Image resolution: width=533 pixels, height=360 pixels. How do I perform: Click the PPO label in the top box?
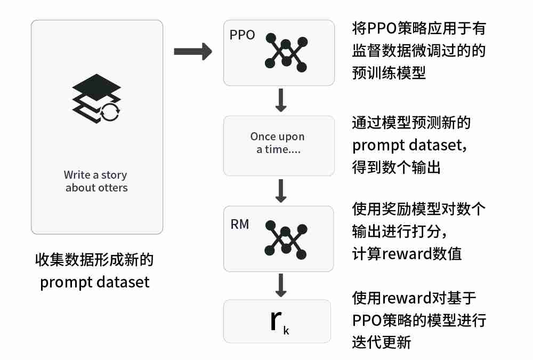pyautogui.click(x=242, y=35)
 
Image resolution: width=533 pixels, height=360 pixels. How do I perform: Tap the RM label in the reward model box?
pyautogui.click(x=239, y=225)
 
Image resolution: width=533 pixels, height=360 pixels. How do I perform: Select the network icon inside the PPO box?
pyautogui.click(x=286, y=53)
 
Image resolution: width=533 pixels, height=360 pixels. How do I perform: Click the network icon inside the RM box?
pyautogui.click(x=286, y=240)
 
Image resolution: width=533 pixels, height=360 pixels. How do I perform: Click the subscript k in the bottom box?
pyautogui.click(x=286, y=331)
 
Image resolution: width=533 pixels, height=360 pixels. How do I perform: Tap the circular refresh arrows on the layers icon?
pyautogui.click(x=111, y=112)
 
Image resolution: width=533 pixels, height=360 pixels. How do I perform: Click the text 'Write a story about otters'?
pyautogui.click(x=96, y=181)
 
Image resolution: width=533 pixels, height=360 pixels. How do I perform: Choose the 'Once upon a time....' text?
pyautogui.click(x=278, y=143)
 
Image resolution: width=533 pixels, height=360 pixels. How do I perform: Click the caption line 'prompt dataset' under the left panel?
pyautogui.click(x=95, y=282)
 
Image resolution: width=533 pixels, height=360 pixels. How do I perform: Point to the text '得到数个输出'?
pyautogui.click(x=396, y=167)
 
